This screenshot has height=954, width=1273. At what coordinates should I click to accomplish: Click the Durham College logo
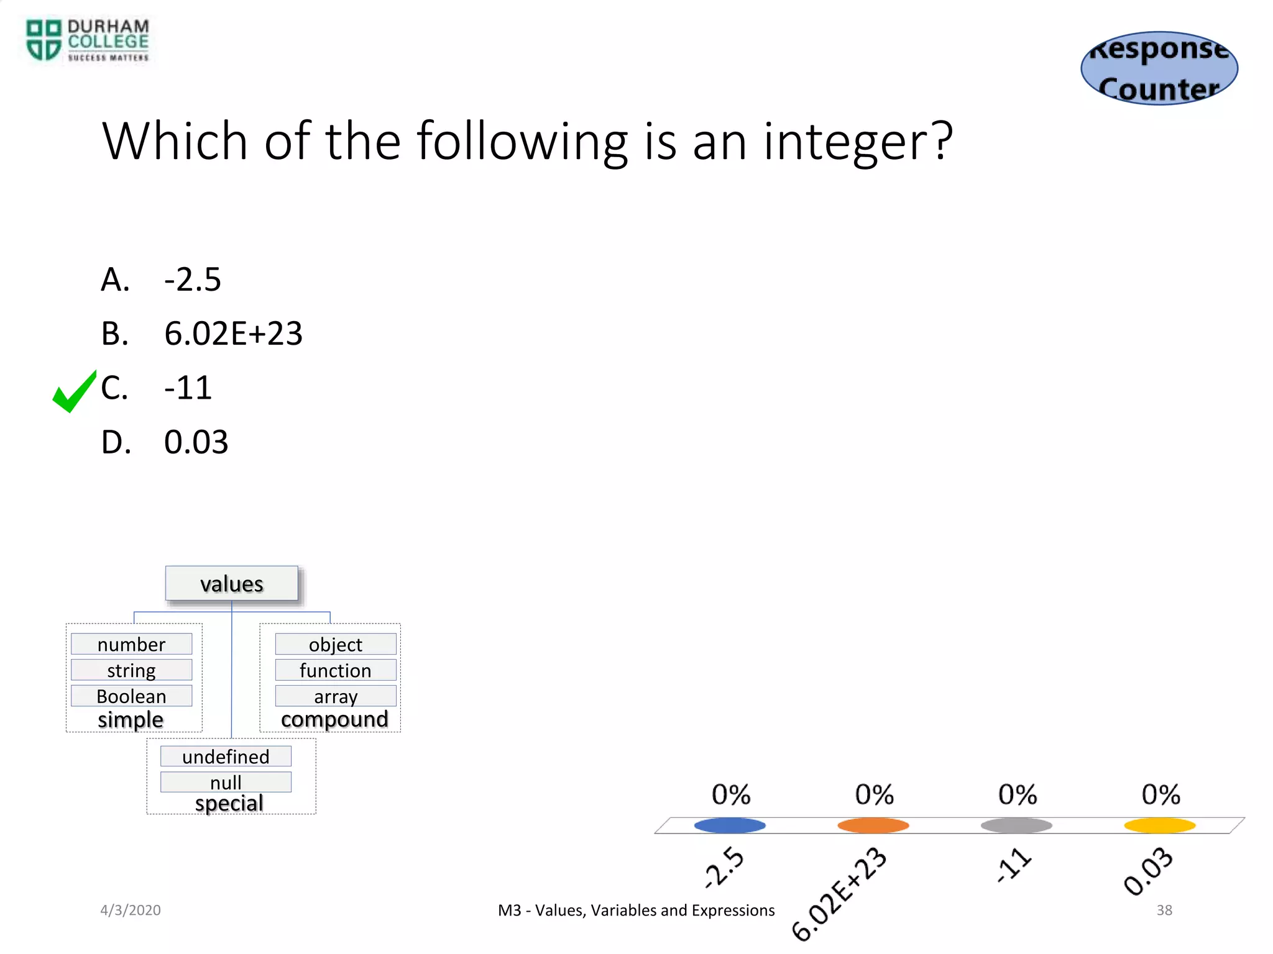tap(87, 40)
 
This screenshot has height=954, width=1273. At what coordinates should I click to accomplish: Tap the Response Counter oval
tap(1159, 68)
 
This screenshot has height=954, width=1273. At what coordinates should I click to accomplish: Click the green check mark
tap(74, 391)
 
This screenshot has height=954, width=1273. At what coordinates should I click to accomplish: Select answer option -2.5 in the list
tap(192, 279)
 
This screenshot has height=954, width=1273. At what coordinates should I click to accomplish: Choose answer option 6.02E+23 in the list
tap(232, 334)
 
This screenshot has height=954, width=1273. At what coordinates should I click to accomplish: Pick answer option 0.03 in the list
tap(196, 442)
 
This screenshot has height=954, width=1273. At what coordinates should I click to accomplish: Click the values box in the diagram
tap(231, 584)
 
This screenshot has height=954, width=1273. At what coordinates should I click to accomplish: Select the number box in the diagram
tap(131, 644)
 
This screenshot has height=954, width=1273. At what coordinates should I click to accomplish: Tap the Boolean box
tap(131, 696)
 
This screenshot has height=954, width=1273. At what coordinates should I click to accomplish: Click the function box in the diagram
tap(335, 670)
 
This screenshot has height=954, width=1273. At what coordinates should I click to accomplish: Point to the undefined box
tap(226, 756)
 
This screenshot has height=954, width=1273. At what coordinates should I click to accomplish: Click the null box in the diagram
tap(226, 782)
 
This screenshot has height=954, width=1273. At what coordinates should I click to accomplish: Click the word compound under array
tap(334, 719)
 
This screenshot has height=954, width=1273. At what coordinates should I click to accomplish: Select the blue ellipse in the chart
tap(730, 825)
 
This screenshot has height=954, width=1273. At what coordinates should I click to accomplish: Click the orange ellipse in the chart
tap(873, 825)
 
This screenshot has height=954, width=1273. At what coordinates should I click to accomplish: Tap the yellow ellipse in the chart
tap(1159, 825)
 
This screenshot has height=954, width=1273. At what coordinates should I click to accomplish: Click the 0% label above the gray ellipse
tap(1017, 794)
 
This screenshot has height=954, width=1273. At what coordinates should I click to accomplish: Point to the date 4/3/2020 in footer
tap(131, 910)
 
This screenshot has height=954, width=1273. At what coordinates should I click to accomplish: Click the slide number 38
tap(1164, 910)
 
